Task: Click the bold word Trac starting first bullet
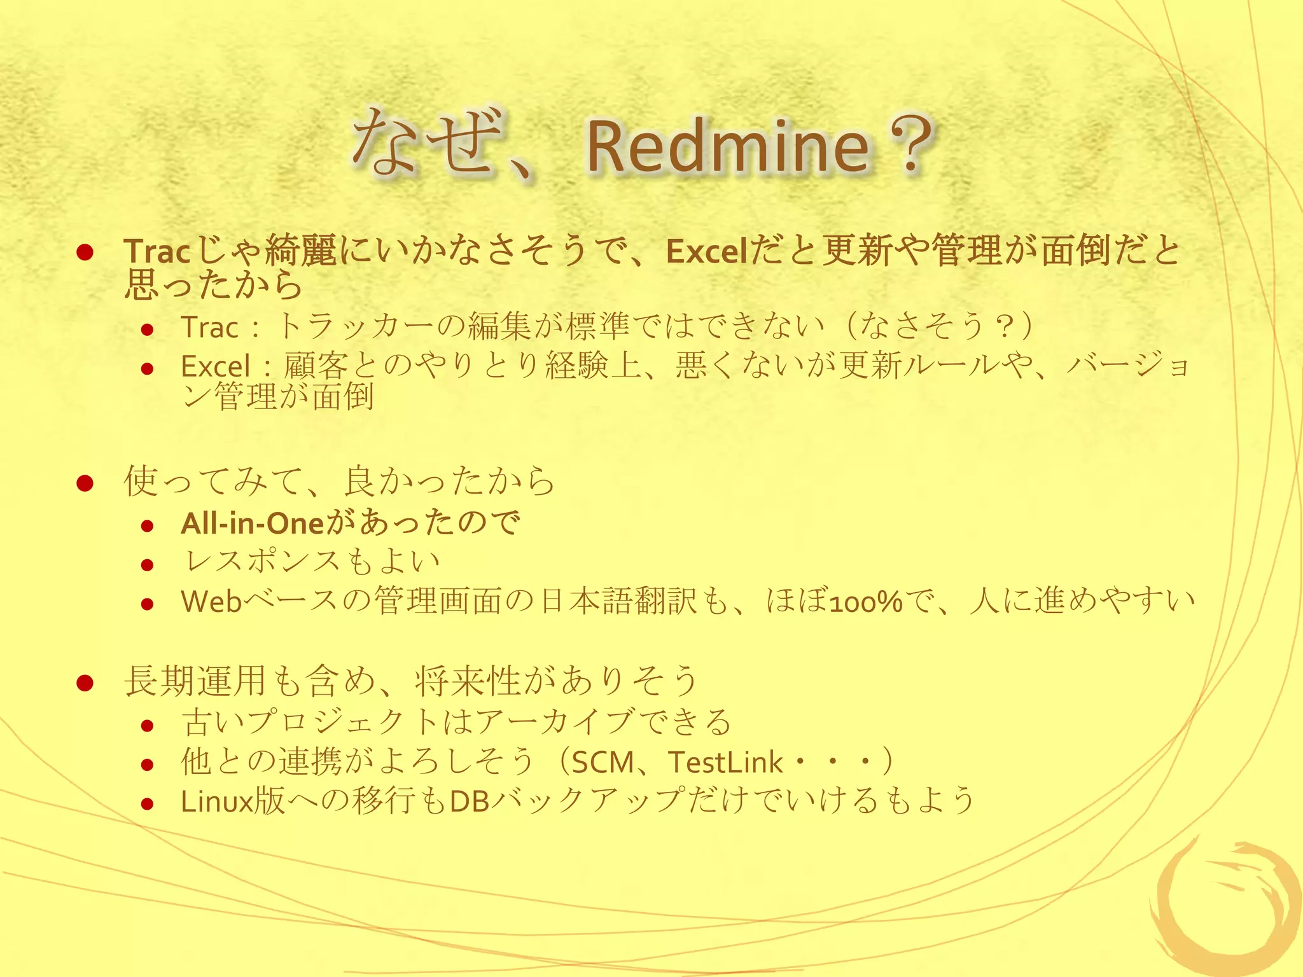[x=157, y=251]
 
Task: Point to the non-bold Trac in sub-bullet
[x=209, y=328]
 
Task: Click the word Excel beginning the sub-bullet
[x=216, y=366]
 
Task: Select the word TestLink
[x=725, y=762]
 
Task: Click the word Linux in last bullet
[x=217, y=801]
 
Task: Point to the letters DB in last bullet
[x=470, y=801]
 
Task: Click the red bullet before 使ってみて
[x=85, y=483]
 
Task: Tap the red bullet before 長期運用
[x=85, y=683]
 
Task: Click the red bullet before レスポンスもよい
[x=148, y=565]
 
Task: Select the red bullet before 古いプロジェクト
[x=148, y=725]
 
